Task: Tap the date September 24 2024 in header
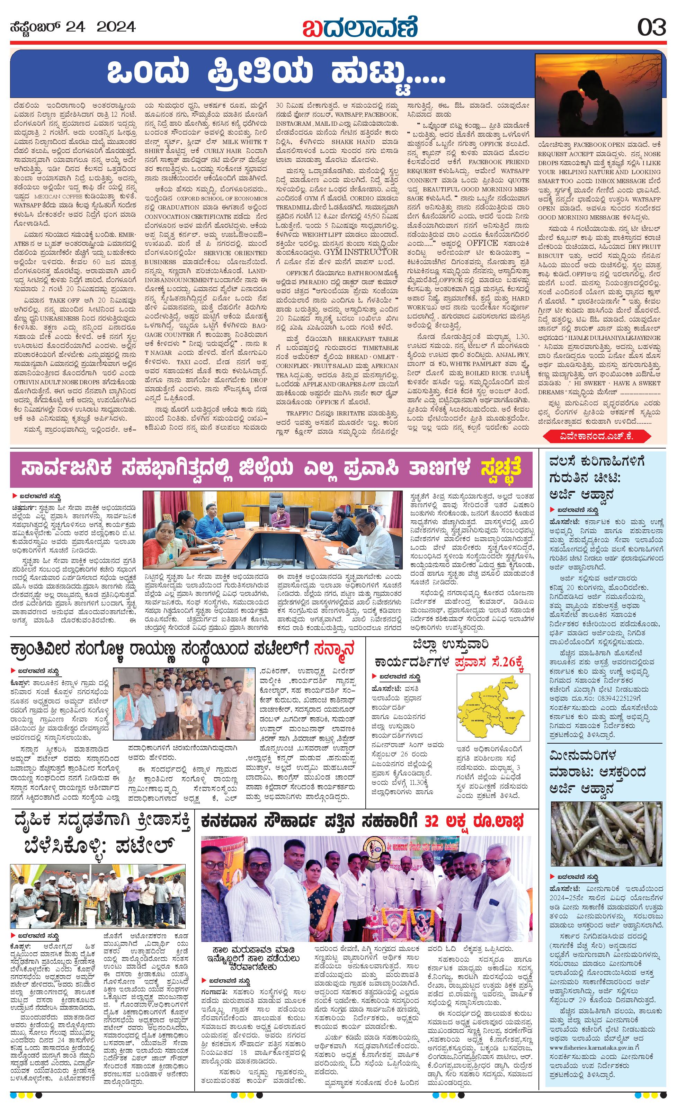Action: point(73,27)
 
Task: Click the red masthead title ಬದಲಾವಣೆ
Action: point(360,27)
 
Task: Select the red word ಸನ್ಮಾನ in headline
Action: point(334,648)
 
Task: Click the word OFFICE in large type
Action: point(482,243)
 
